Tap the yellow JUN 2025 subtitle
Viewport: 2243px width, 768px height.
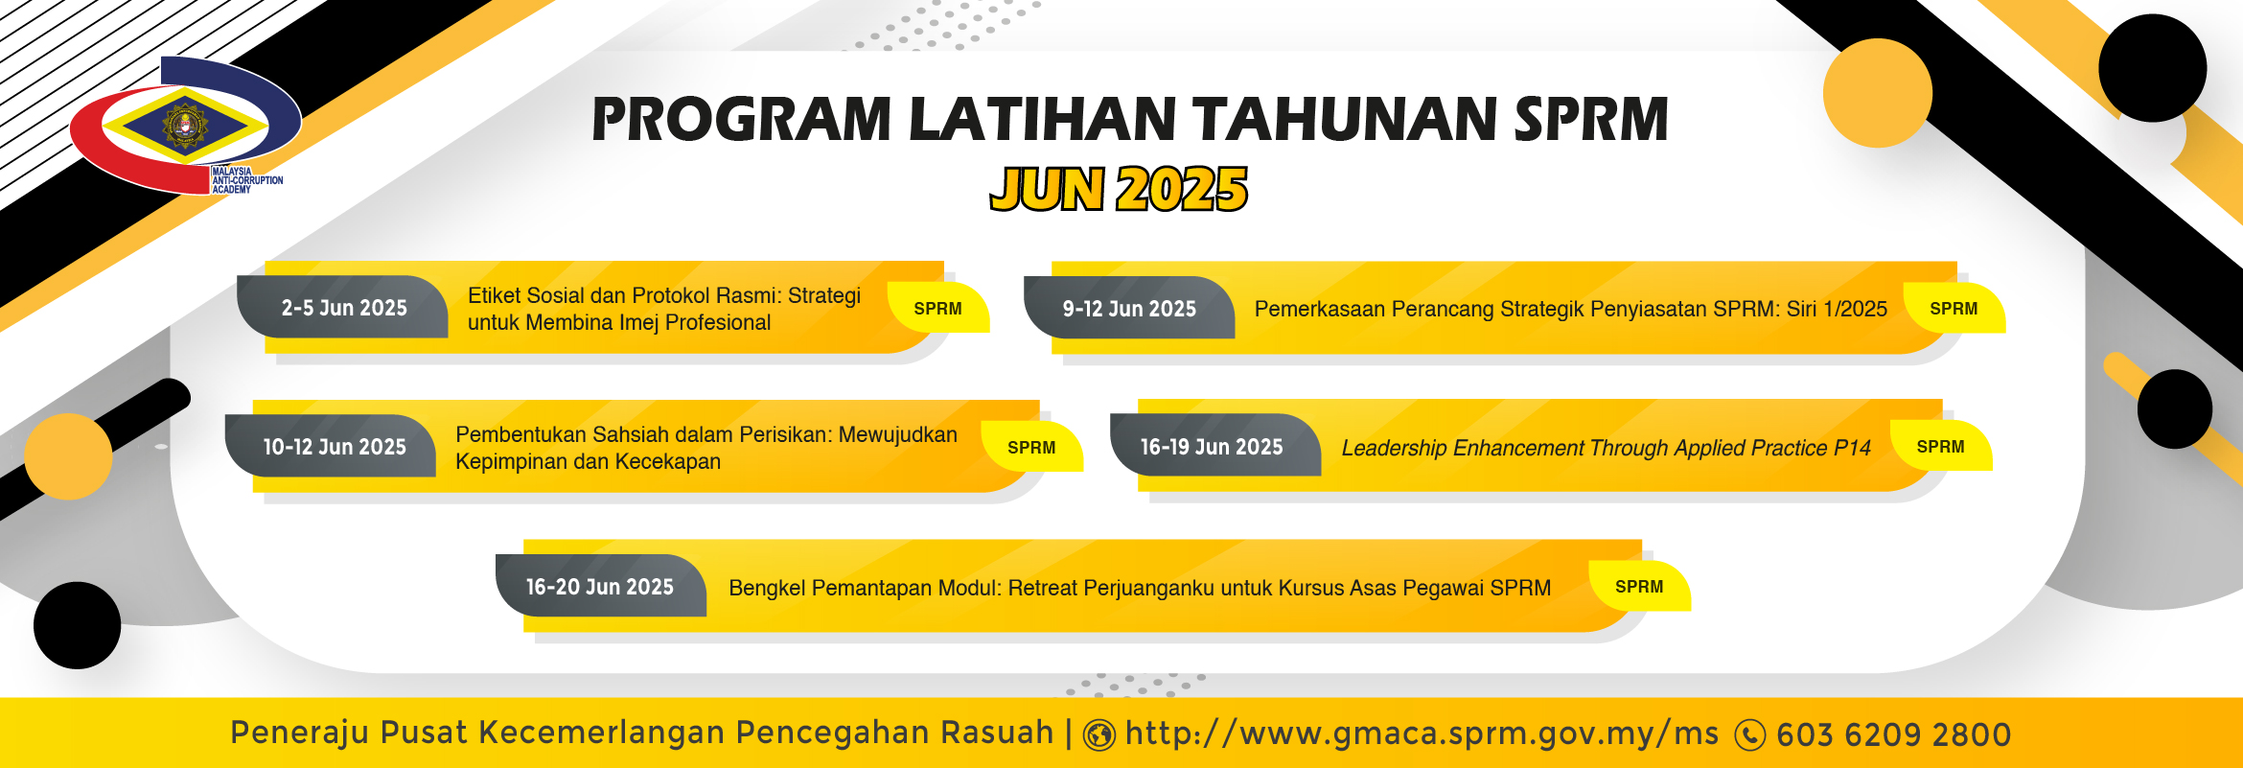(x=1119, y=189)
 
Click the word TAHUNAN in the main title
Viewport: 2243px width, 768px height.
(x=1347, y=120)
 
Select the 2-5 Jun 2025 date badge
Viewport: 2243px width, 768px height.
(x=343, y=308)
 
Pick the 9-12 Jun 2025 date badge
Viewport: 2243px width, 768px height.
(x=1129, y=309)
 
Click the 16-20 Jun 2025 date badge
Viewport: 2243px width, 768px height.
(x=601, y=586)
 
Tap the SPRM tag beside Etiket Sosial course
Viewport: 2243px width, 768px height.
(x=938, y=309)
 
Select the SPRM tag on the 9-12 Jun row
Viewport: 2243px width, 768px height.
(x=1954, y=309)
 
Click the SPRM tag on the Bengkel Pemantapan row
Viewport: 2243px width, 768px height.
(x=1639, y=587)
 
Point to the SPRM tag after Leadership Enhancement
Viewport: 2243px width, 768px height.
(x=1941, y=447)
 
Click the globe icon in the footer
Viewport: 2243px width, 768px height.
(x=1099, y=735)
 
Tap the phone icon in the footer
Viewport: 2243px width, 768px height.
(x=1750, y=735)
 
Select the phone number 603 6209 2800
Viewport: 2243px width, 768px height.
(x=1894, y=734)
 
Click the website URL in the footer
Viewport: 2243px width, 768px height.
(x=1422, y=733)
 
